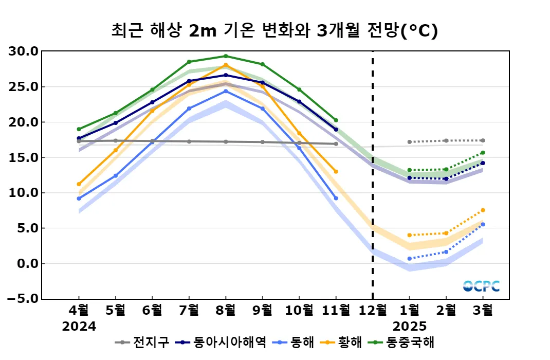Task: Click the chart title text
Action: (274, 31)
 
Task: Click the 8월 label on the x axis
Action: (226, 310)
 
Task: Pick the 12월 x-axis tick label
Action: (373, 310)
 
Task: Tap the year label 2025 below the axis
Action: (410, 327)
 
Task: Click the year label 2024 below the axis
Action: (79, 327)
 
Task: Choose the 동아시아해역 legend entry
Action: (221, 342)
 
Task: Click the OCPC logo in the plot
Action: (481, 286)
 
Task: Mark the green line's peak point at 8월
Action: (226, 56)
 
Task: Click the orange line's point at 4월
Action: (79, 184)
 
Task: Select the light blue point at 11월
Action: (336, 198)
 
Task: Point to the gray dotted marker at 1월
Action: (409, 142)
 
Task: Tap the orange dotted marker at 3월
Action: (483, 210)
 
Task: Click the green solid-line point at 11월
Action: (336, 120)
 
